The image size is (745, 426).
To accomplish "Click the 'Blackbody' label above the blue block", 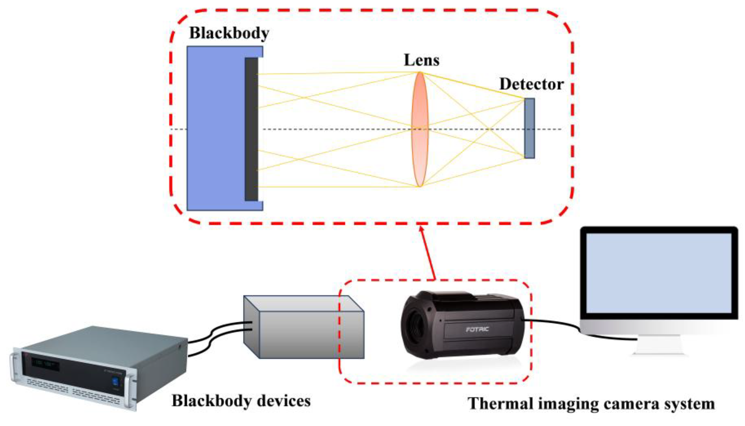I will pyautogui.click(x=229, y=33).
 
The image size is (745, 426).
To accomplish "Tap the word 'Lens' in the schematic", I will pyautogui.click(x=421, y=61).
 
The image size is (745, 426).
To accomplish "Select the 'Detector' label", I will pyautogui.click(x=531, y=84).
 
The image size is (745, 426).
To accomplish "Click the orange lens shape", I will pyautogui.click(x=419, y=129).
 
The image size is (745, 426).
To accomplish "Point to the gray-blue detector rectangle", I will pyautogui.click(x=529, y=128).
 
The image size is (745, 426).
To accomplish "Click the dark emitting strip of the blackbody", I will pyautogui.click(x=251, y=129).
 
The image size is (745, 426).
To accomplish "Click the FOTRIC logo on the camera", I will pyautogui.click(x=477, y=329).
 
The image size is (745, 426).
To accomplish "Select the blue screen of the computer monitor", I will pyautogui.click(x=658, y=273).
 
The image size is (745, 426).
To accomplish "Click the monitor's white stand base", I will pyautogui.click(x=658, y=350).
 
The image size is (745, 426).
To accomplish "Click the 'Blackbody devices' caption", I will pyautogui.click(x=241, y=401).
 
